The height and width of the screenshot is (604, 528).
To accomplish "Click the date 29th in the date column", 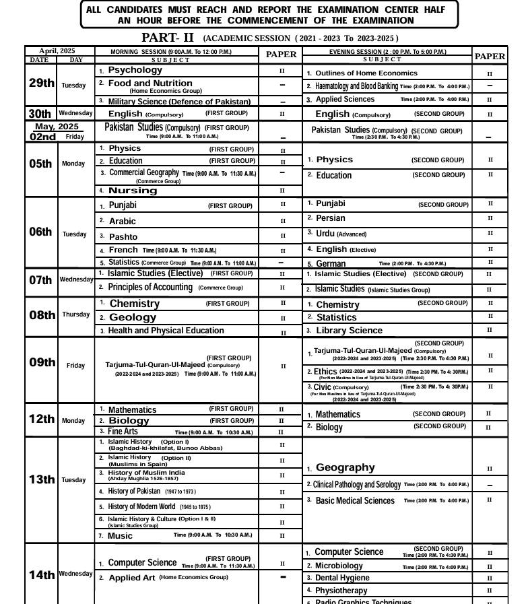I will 41,83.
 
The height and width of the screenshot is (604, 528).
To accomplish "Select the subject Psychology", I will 135,70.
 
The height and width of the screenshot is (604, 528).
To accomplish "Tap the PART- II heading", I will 168,38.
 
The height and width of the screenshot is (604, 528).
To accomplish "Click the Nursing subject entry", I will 133,191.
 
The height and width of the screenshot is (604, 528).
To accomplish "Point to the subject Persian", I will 330,218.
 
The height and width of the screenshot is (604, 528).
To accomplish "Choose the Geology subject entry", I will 132,317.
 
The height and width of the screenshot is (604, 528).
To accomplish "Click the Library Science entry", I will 349,331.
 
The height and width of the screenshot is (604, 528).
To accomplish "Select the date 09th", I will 42,362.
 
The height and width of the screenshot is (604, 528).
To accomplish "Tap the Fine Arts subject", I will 123,432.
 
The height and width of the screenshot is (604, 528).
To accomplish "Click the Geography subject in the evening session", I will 345,467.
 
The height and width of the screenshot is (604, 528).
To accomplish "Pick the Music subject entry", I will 120,536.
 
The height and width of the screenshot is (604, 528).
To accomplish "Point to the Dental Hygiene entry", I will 342,578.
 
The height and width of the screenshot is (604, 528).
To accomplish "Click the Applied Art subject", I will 132,578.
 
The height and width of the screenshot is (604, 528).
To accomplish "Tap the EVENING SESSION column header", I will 387,51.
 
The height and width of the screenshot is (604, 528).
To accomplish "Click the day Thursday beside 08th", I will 75,314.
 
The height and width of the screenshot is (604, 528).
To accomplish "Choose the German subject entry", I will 331,264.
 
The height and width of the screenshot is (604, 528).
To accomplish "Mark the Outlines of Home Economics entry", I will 366,73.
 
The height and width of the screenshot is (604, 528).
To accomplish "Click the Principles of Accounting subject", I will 150,288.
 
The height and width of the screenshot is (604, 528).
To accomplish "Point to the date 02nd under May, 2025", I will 43,137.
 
